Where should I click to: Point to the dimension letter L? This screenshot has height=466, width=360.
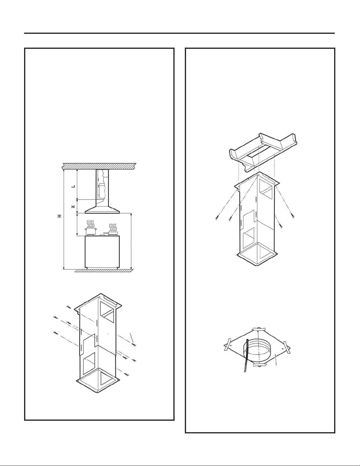click(x=73, y=186)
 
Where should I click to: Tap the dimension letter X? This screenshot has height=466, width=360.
click(x=73, y=206)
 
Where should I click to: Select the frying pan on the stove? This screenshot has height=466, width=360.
click(x=111, y=233)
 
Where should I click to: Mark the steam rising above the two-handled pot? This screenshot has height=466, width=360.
click(x=90, y=224)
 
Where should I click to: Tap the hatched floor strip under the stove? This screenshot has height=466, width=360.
click(x=104, y=271)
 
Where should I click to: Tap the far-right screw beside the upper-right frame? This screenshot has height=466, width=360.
click(x=292, y=217)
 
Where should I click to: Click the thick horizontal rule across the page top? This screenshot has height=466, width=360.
click(x=179, y=33)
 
